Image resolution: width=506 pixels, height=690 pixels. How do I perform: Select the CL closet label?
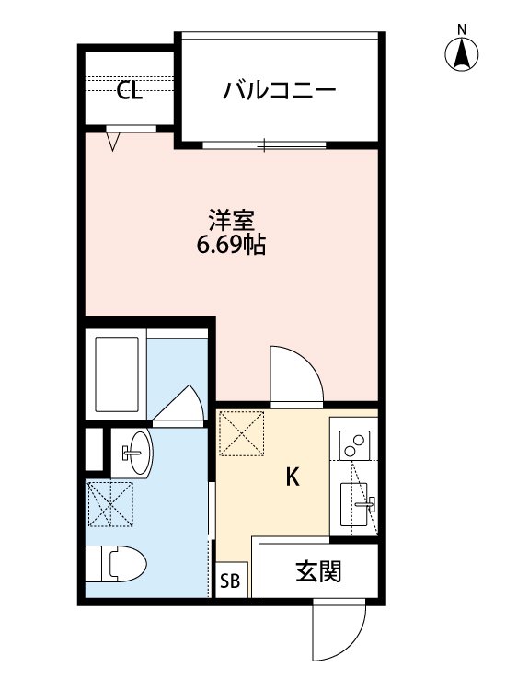tap(129, 91)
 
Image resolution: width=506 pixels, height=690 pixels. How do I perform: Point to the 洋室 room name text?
tap(231, 222)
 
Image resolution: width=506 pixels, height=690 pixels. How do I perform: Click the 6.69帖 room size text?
tap(231, 247)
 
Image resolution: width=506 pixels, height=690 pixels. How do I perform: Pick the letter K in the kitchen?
tap(293, 477)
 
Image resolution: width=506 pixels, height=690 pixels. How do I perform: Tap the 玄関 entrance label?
tap(318, 572)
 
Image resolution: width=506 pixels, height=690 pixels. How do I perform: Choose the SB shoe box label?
tap(230, 581)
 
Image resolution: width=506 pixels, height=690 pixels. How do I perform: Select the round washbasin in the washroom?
tap(132, 450)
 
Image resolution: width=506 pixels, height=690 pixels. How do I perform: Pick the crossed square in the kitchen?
tap(242, 432)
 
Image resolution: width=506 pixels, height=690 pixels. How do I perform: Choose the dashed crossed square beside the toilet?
tap(109, 503)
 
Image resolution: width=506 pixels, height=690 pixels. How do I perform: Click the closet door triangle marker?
tap(113, 141)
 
